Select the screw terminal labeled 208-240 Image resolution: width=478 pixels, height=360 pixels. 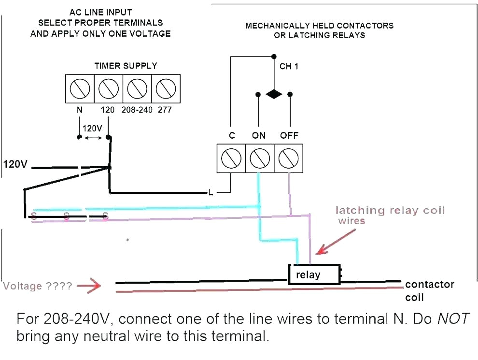click(137, 88)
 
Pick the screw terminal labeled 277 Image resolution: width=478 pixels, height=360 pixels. click(166, 88)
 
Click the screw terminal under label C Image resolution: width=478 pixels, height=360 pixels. click(231, 158)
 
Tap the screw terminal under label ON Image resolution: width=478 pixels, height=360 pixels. click(260, 158)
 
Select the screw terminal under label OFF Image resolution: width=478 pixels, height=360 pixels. click(289, 158)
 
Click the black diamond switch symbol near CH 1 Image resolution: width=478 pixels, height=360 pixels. click(274, 94)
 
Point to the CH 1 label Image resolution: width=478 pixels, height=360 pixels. click(289, 66)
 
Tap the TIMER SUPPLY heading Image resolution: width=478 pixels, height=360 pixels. click(126, 66)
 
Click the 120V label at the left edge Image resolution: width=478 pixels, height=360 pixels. click(15, 164)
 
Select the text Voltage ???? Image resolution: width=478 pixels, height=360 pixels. click(38, 286)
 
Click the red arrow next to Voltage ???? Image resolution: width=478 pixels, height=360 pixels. click(89, 286)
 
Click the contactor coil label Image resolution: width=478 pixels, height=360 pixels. click(429, 290)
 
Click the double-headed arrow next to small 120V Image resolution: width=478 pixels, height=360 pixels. click(93, 137)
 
